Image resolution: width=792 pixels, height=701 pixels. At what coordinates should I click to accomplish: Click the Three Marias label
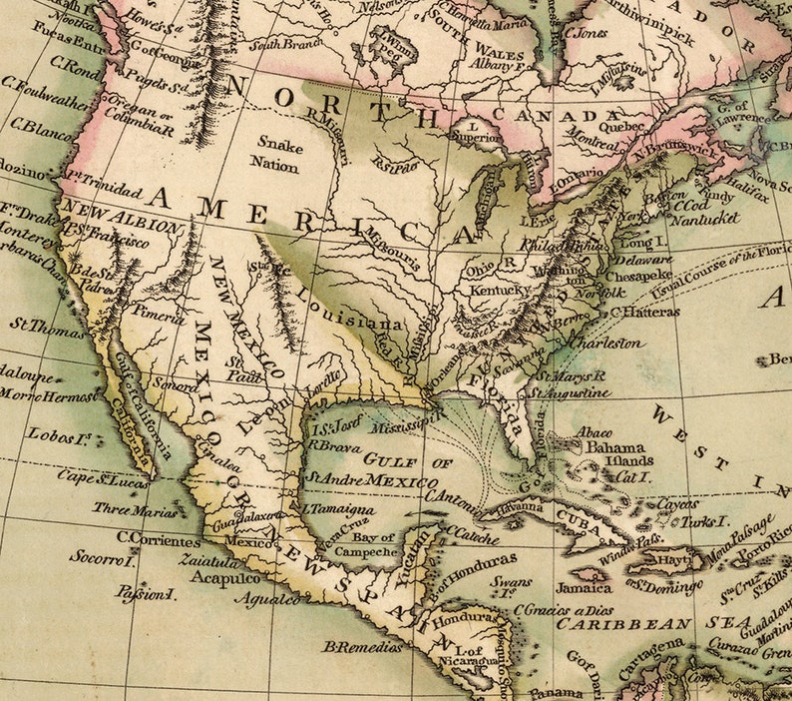coord(135,510)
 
